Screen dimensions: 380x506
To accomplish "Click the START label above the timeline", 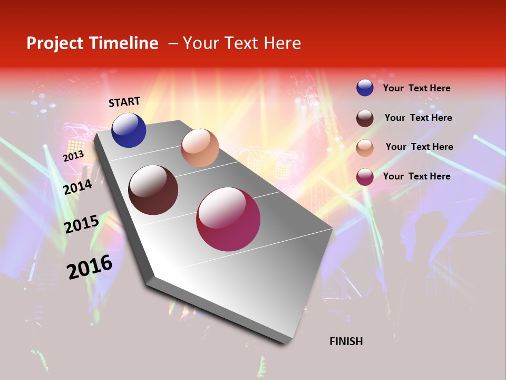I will pyautogui.click(x=124, y=102).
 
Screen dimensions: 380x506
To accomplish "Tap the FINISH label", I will pyautogui.click(x=346, y=341).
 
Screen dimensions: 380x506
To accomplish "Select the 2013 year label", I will pyautogui.click(x=73, y=156).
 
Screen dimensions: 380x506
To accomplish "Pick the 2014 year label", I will pyautogui.click(x=78, y=187).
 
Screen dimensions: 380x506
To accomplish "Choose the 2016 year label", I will pyautogui.click(x=90, y=267).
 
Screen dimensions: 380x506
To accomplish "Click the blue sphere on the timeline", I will pyautogui.click(x=129, y=130).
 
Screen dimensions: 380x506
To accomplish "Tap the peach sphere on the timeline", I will pyautogui.click(x=200, y=148).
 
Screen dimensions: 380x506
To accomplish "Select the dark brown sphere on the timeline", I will pyautogui.click(x=153, y=190).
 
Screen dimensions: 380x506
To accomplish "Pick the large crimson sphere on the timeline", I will pyautogui.click(x=228, y=219).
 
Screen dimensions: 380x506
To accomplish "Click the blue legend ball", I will pyautogui.click(x=365, y=88).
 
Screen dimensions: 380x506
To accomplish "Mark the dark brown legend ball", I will pyautogui.click(x=365, y=118).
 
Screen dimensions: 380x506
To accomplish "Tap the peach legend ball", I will pyautogui.click(x=365, y=147).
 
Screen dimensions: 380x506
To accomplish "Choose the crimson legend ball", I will pyautogui.click(x=365, y=177).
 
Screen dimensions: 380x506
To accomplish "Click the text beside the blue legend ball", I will pyautogui.click(x=416, y=88).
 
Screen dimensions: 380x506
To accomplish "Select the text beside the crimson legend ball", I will pyautogui.click(x=416, y=176).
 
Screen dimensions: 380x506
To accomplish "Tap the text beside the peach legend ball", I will pyautogui.click(x=419, y=147).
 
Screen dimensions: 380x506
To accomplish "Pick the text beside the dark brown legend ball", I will pyautogui.click(x=418, y=118).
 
